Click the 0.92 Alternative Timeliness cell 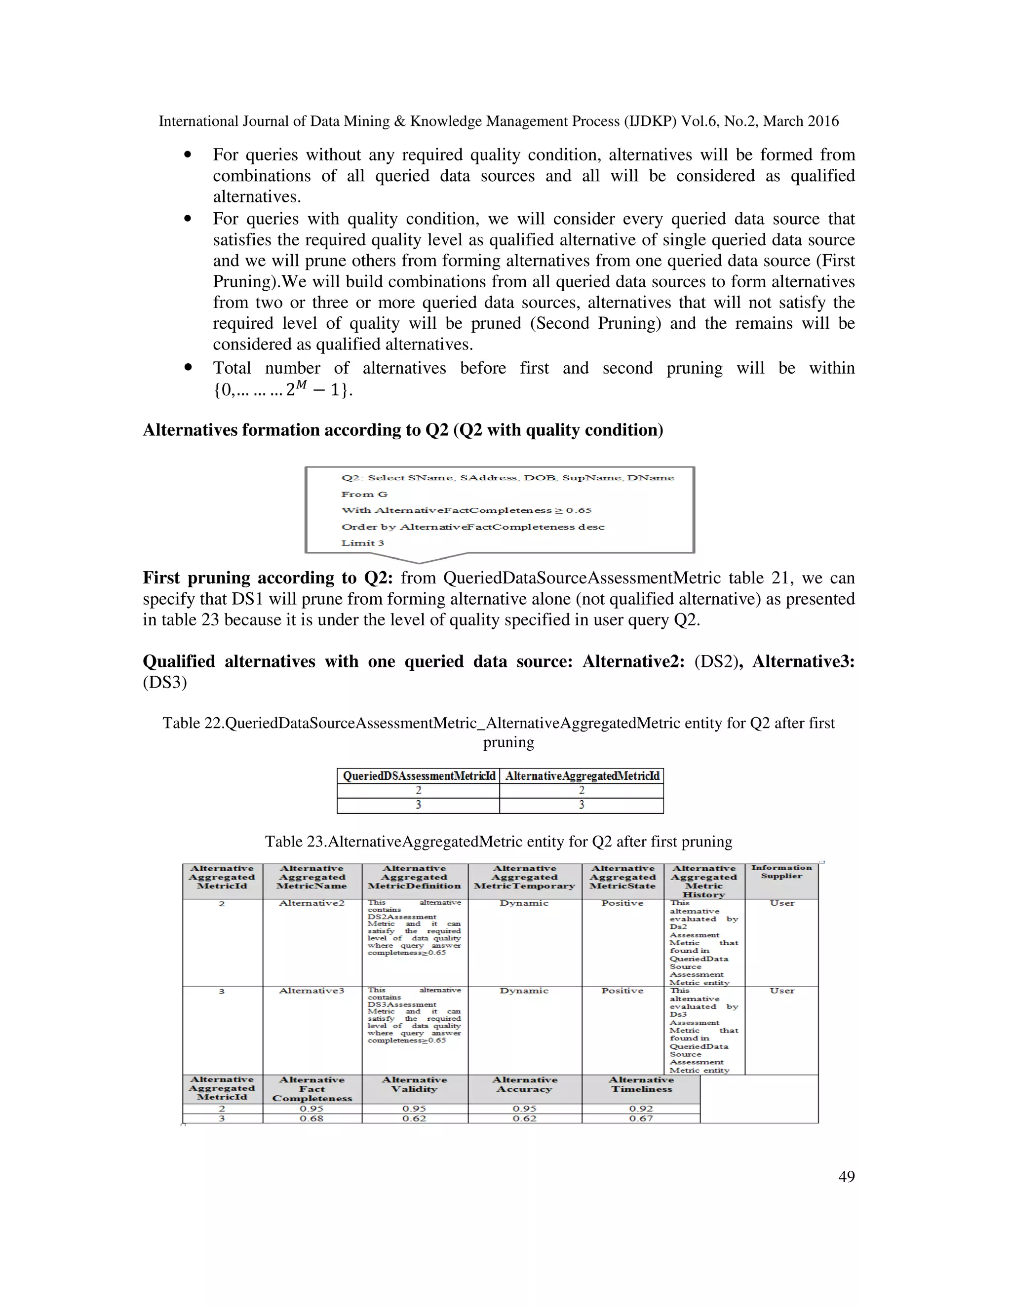coord(641,1109)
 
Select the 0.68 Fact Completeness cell coord(311,1118)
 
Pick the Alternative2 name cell coord(311,903)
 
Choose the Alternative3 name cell coord(311,991)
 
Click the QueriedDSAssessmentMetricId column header coord(419,776)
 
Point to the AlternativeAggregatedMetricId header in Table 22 coord(582,776)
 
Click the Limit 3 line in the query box coord(362,542)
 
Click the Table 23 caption coord(498,842)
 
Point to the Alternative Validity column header coord(415,1084)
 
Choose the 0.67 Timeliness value coord(641,1118)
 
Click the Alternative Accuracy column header coord(525,1084)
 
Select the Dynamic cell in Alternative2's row coord(524,903)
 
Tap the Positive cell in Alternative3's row coord(622,991)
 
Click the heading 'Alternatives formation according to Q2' coord(402,430)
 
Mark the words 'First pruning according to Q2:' coord(267,578)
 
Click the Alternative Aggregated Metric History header coord(704,881)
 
